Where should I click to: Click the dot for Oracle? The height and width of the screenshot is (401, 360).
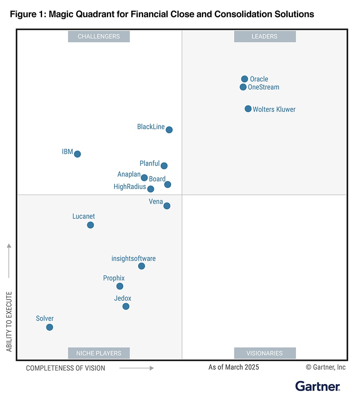point(244,79)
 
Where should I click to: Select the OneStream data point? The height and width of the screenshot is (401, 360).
point(243,87)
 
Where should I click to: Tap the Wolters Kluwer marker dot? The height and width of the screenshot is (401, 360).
point(248,109)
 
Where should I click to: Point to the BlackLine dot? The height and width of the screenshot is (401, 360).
point(169,130)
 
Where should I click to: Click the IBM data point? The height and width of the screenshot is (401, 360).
point(78,154)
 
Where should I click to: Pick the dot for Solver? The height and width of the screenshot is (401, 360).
point(50,327)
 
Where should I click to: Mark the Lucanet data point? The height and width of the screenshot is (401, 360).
point(90,225)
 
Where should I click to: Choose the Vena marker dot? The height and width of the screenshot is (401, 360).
point(167,206)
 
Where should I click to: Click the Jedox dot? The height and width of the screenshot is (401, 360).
point(126,307)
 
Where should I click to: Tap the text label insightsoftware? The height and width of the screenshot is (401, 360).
point(134,259)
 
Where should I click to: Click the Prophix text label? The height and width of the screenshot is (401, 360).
point(114,278)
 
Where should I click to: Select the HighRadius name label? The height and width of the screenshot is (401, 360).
point(130,186)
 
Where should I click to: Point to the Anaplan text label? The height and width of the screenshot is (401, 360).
point(129,174)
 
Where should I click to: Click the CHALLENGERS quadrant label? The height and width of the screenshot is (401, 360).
point(99,36)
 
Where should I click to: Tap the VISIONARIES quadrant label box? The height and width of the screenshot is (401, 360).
point(265,353)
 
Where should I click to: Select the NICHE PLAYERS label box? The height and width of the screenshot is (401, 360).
point(99,353)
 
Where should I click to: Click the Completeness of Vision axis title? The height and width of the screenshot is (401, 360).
point(66,368)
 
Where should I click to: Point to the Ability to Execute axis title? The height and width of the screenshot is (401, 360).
point(9,322)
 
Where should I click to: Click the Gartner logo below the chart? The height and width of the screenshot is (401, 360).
point(318,386)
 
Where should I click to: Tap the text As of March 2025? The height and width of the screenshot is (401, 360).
point(234,367)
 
